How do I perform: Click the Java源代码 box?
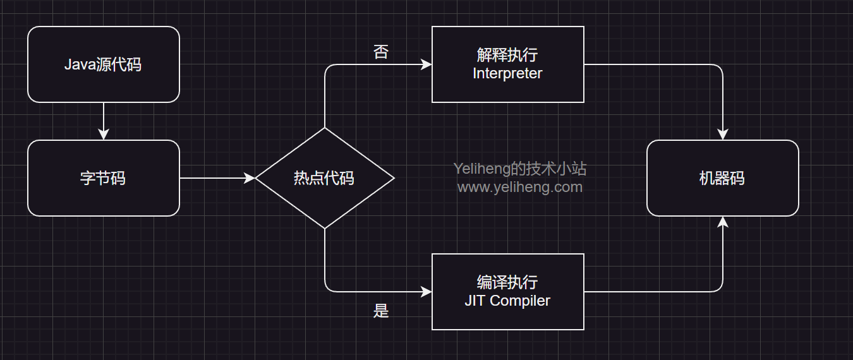point(104,64)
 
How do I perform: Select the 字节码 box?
point(104,178)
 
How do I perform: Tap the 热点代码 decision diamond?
point(324,178)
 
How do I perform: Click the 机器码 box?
point(722,178)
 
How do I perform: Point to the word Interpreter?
point(507,73)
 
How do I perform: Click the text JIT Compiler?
point(507,301)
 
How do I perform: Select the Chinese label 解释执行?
point(507,55)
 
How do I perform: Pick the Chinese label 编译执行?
point(507,282)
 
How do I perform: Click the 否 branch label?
point(381,52)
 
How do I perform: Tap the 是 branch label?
point(381,311)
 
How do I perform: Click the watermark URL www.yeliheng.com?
point(519,187)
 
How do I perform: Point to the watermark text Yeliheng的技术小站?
point(519,169)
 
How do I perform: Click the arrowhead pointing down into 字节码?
point(104,135)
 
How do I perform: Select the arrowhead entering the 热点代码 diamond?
point(250,178)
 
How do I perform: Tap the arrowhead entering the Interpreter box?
point(426,64)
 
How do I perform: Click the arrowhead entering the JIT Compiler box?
point(426,292)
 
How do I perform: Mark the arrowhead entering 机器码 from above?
point(722,135)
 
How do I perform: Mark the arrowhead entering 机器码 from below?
point(722,222)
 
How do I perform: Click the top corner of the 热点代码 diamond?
point(324,129)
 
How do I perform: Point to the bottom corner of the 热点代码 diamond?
point(324,227)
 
